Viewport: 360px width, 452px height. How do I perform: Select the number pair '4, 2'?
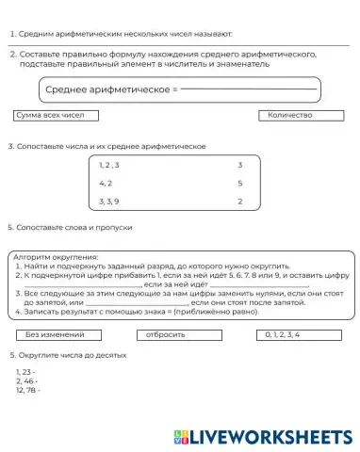(106, 184)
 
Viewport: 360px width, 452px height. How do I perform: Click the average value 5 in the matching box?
(240, 184)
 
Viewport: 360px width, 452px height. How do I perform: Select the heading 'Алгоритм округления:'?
(56, 256)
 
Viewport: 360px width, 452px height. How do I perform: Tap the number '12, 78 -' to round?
(28, 390)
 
